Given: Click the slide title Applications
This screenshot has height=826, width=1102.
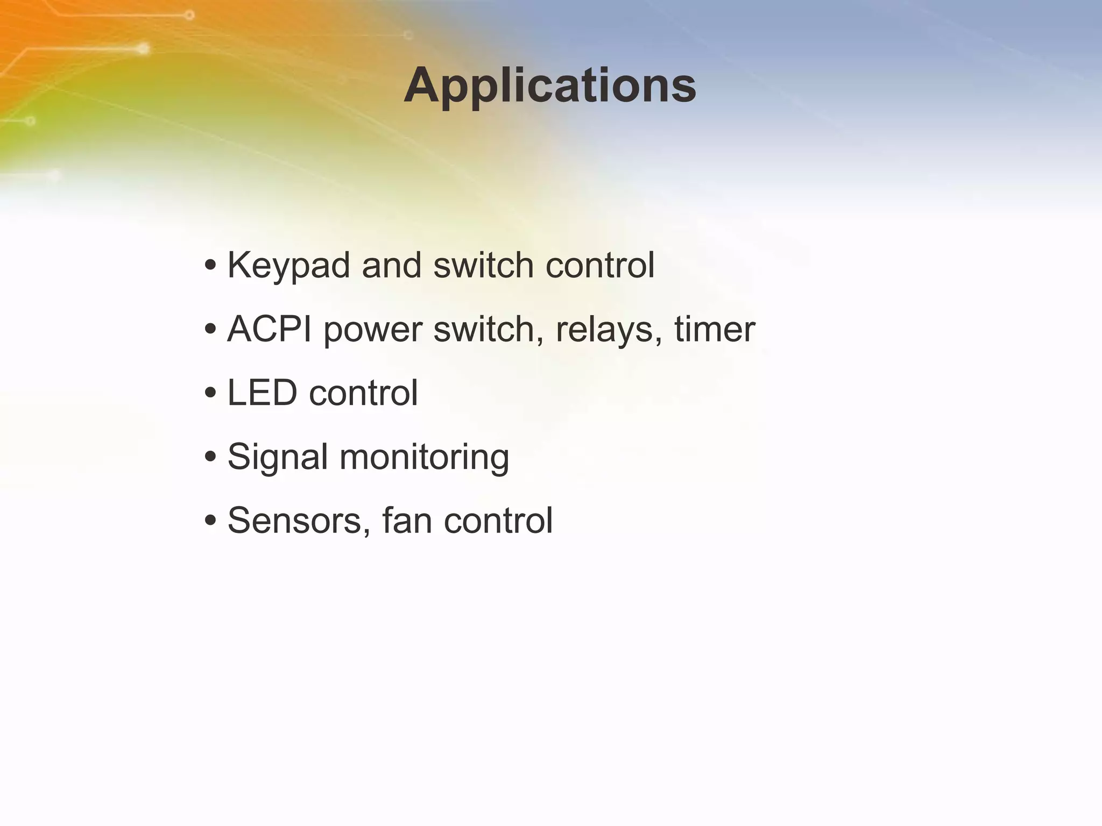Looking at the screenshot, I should click(x=550, y=86).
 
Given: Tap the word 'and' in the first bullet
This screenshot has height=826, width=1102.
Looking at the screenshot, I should click(x=392, y=266).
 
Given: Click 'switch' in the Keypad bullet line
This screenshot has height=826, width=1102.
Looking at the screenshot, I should click(x=483, y=266).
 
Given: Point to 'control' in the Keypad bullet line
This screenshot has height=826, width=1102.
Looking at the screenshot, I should click(x=600, y=266).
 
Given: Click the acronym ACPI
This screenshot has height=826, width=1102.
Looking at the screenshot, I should click(x=269, y=329).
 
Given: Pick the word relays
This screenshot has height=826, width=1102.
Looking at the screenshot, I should click(x=608, y=329).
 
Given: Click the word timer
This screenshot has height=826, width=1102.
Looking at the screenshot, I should click(x=715, y=329).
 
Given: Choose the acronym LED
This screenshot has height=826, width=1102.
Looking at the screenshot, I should click(x=262, y=393).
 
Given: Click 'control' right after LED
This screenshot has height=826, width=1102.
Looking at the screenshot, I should click(x=364, y=393).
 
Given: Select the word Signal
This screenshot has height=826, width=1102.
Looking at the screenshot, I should click(x=278, y=457).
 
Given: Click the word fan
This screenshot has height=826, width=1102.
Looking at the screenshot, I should click(x=407, y=521).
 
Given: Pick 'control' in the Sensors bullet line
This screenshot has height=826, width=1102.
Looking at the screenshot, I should click(x=498, y=521).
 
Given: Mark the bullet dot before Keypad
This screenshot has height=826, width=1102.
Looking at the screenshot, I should click(x=211, y=266).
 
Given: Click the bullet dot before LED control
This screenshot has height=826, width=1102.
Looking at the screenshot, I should click(x=211, y=393).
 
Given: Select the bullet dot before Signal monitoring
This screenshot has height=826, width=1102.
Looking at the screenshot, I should click(x=211, y=457).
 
